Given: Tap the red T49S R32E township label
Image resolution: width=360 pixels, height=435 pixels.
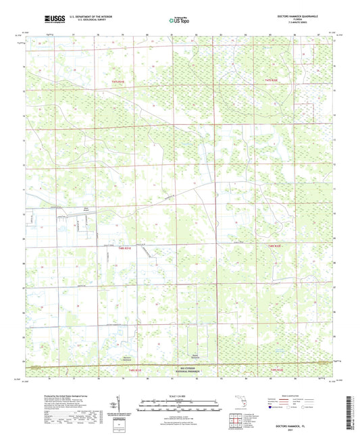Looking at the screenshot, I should (276, 370).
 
